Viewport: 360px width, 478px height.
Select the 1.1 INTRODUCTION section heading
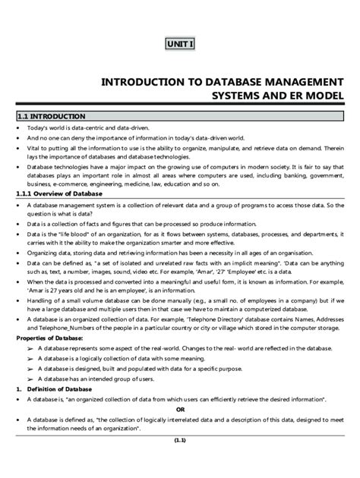(52, 116)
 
